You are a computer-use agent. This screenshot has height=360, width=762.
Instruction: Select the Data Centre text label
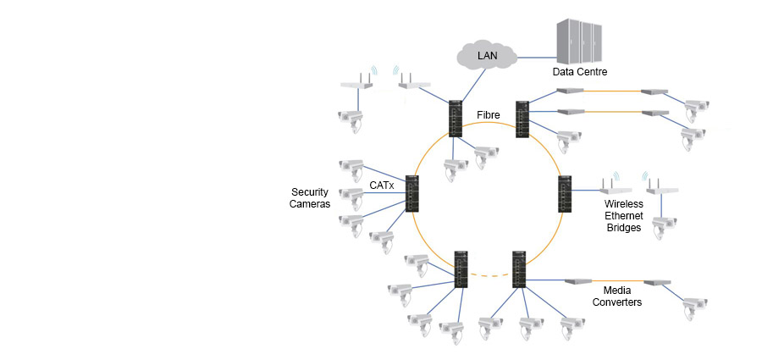pos(580,73)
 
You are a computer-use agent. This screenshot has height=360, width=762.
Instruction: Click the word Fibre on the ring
pos(489,114)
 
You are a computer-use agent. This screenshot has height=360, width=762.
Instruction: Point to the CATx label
pos(382,184)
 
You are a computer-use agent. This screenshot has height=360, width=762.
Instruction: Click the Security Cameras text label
pos(310,198)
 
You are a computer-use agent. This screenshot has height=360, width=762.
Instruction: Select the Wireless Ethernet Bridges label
pos(624,216)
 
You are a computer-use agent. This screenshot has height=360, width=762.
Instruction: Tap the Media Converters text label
pos(616,296)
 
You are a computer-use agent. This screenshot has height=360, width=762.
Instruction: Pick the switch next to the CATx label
pos(412,194)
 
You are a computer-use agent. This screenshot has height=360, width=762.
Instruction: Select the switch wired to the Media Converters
pos(519,269)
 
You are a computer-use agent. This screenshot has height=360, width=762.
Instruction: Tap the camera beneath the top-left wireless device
pos(350,118)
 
